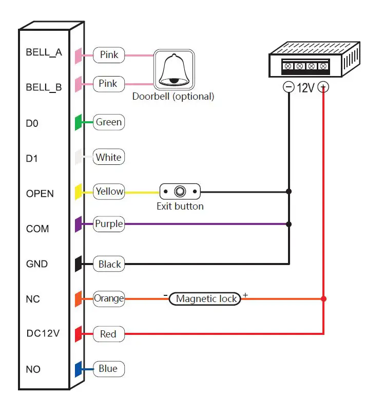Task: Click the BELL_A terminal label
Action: (x=44, y=52)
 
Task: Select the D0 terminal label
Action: (x=32, y=124)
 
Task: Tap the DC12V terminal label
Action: (x=43, y=333)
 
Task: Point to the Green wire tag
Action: (x=109, y=122)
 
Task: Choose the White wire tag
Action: (x=109, y=157)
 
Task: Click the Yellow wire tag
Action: (x=109, y=192)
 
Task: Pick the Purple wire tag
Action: (x=109, y=224)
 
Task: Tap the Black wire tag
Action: (x=109, y=265)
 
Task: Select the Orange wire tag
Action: (x=109, y=298)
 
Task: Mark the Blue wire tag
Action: (x=108, y=369)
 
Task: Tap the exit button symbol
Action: (x=180, y=192)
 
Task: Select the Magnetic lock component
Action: (x=205, y=298)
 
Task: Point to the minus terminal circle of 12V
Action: (x=289, y=87)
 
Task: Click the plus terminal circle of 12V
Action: (x=323, y=87)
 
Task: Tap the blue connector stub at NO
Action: (x=79, y=369)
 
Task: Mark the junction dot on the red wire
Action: (x=323, y=298)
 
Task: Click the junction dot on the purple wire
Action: (x=289, y=224)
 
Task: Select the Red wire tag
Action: (x=108, y=334)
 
